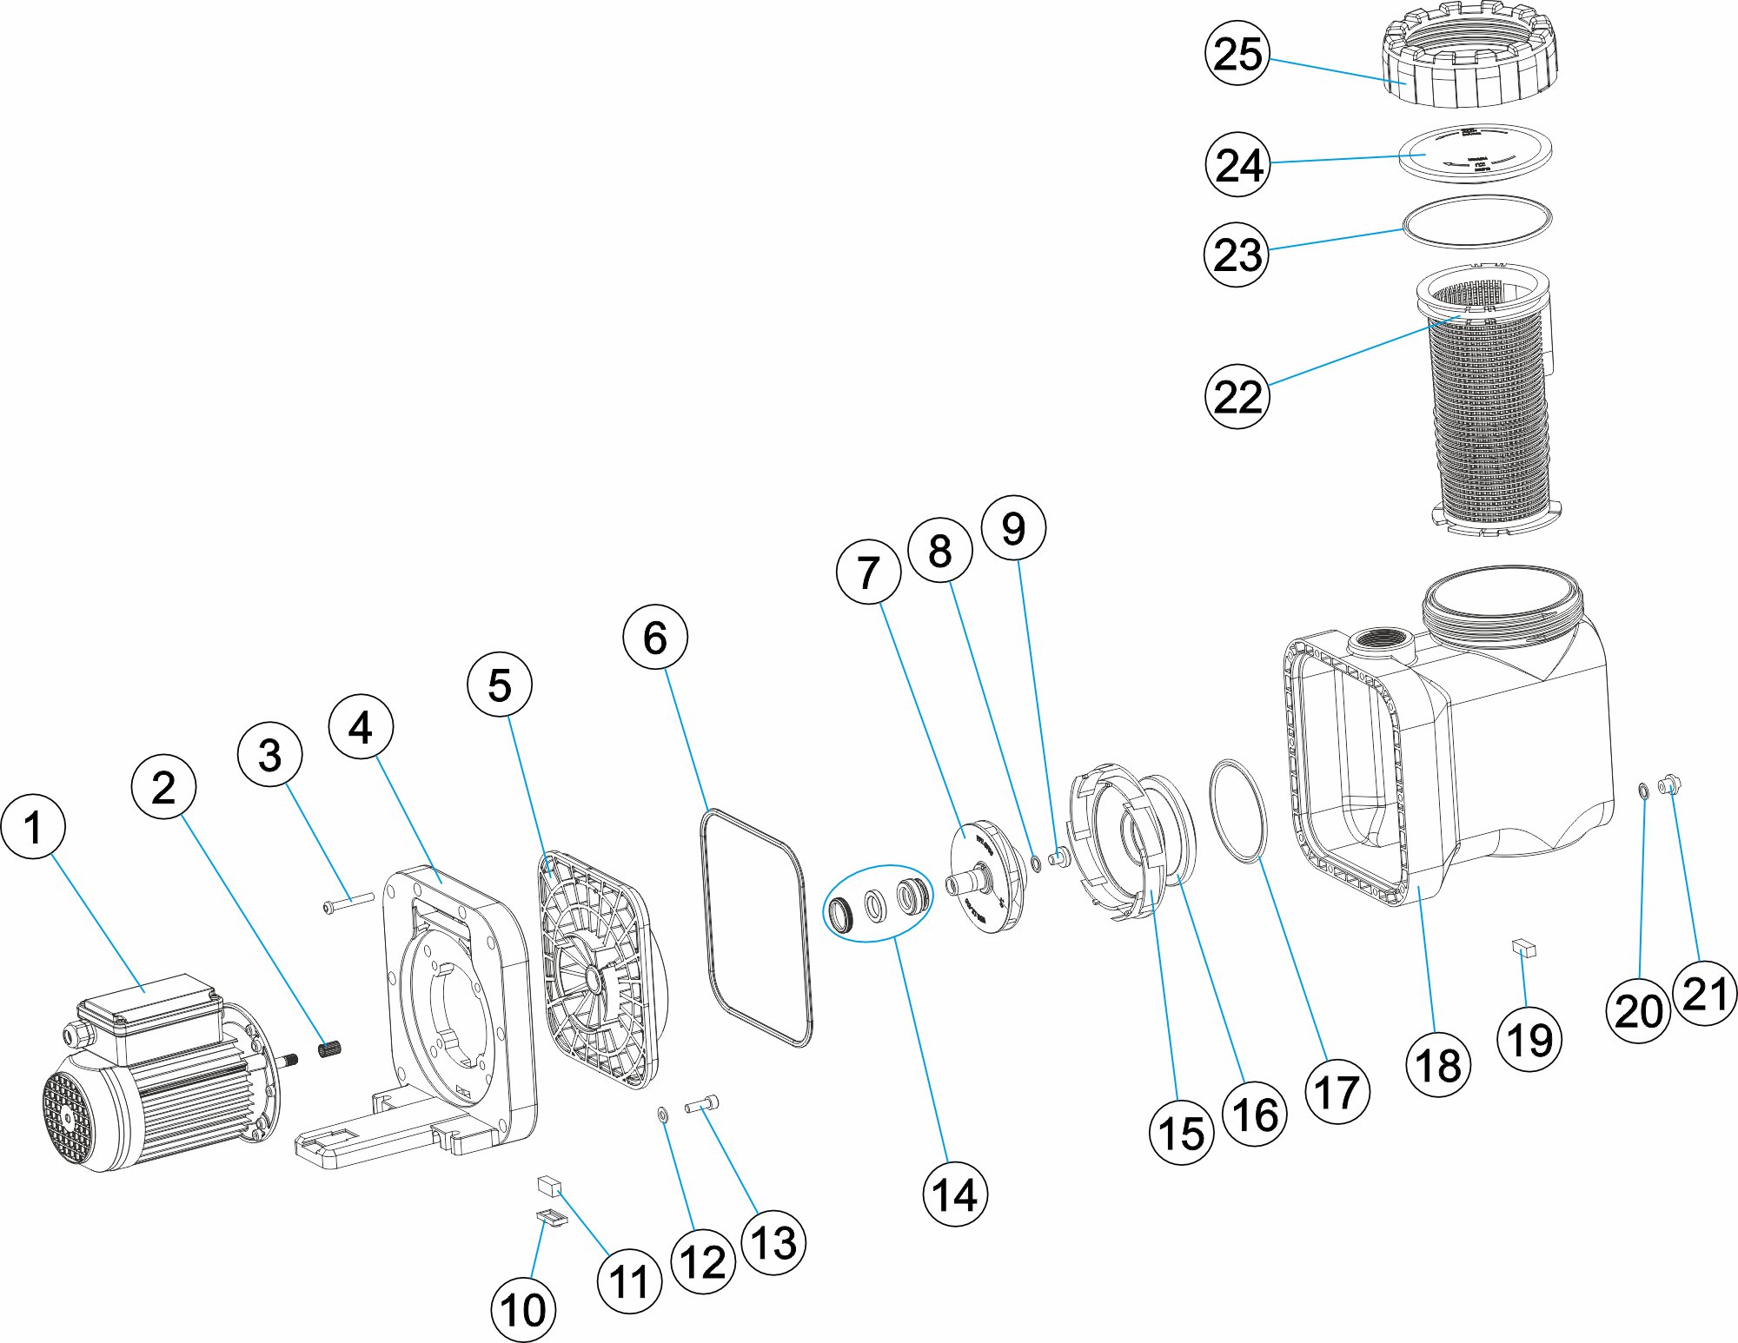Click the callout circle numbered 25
(1237, 53)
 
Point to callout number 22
(1237, 396)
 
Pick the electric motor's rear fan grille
(68, 1116)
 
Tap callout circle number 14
(954, 1194)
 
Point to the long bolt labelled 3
(348, 903)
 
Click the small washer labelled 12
(663, 1115)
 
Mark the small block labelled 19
(1524, 948)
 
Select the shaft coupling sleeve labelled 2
(329, 1049)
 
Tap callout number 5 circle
(500, 685)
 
